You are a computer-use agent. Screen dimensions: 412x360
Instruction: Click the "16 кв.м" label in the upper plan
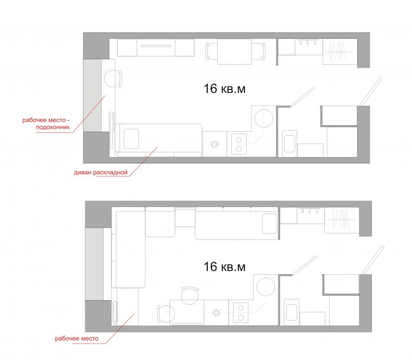click(224, 89)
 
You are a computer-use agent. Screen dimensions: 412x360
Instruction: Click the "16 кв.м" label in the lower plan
click(224, 267)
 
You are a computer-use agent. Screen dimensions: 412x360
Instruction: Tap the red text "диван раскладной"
click(101, 172)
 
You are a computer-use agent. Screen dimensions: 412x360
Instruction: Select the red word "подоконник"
click(53, 127)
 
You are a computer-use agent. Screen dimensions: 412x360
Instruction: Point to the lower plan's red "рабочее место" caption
click(77, 338)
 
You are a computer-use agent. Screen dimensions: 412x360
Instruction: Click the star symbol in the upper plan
click(214, 144)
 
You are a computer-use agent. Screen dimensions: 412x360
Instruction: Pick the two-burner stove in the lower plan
click(241, 313)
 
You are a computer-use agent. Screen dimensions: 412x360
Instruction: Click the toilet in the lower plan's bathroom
click(291, 312)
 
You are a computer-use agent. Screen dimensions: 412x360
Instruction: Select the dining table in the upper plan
click(235, 51)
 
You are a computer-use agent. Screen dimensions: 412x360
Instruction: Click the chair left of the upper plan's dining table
click(211, 51)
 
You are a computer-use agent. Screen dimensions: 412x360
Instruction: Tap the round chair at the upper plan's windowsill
click(113, 78)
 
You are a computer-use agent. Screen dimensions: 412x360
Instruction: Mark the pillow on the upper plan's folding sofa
click(131, 139)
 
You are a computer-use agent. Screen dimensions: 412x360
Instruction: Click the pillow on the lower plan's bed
click(270, 224)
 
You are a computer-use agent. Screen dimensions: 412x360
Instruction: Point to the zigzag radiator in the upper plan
click(111, 122)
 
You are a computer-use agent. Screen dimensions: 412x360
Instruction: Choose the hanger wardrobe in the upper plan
click(340, 51)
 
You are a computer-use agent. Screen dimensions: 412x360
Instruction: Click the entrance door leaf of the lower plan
click(373, 259)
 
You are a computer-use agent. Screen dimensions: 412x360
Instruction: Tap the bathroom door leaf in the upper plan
click(302, 97)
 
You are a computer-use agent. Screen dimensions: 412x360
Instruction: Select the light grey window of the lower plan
click(94, 264)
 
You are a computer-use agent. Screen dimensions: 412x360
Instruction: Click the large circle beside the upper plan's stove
click(264, 118)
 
